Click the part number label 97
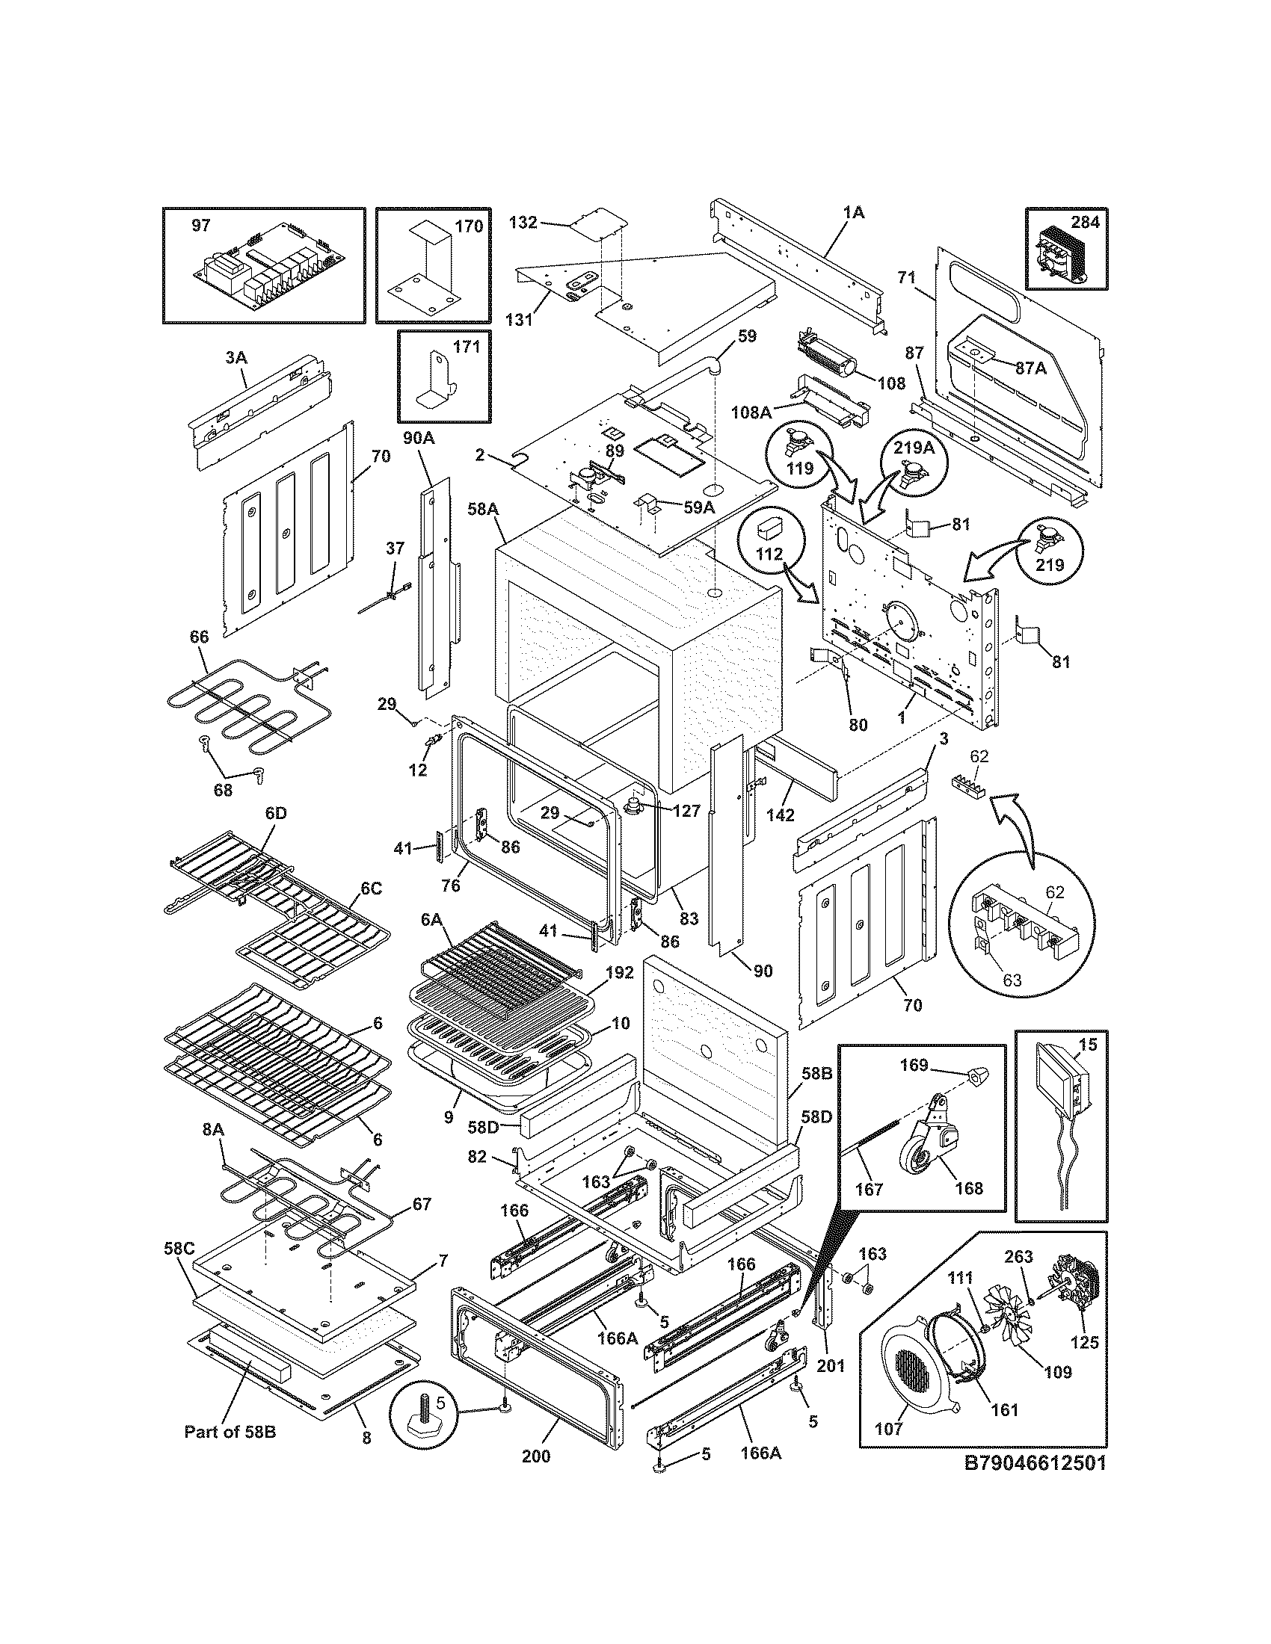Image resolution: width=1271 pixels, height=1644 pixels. pyautogui.click(x=200, y=226)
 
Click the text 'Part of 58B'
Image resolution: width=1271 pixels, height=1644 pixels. pyautogui.click(x=230, y=1432)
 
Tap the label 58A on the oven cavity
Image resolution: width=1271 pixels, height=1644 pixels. pyautogui.click(x=483, y=510)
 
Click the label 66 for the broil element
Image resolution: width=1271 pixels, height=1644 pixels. pyautogui.click(x=199, y=637)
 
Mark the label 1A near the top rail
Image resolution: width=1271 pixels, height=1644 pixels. pyautogui.click(x=852, y=213)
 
